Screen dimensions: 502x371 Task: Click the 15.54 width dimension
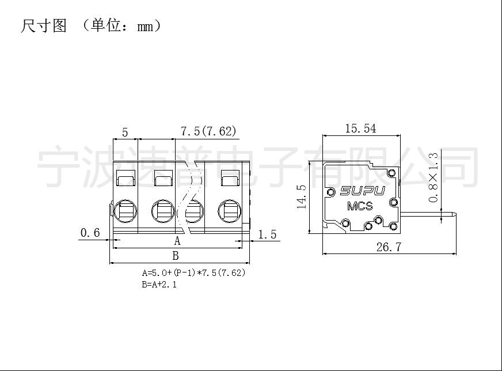click(x=360, y=129)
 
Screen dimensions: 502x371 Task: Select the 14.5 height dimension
click(x=302, y=196)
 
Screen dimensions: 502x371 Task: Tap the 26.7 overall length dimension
click(x=389, y=247)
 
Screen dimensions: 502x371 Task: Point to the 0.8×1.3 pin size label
click(x=433, y=177)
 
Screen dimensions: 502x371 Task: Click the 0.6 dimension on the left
click(x=90, y=233)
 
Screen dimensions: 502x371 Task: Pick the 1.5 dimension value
click(x=267, y=234)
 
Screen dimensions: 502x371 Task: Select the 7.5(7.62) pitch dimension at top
click(x=209, y=131)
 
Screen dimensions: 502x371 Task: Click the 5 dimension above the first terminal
click(x=125, y=132)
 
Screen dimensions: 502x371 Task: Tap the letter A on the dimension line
click(x=177, y=241)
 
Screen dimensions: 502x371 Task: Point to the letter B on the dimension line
click(x=176, y=256)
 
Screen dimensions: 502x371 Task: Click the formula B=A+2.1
click(x=159, y=284)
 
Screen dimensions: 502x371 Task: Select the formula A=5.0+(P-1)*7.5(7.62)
click(x=193, y=272)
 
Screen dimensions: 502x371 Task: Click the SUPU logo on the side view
click(x=363, y=191)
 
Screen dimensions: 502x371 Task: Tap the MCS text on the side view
click(x=360, y=206)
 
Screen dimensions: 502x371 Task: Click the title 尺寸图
click(x=44, y=26)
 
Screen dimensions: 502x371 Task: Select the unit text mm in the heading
click(x=145, y=27)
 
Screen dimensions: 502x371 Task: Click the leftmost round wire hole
click(x=125, y=211)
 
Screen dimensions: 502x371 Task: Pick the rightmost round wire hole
click(x=230, y=211)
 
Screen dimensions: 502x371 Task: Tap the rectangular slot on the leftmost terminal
click(x=126, y=178)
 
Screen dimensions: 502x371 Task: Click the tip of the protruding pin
click(x=456, y=215)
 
